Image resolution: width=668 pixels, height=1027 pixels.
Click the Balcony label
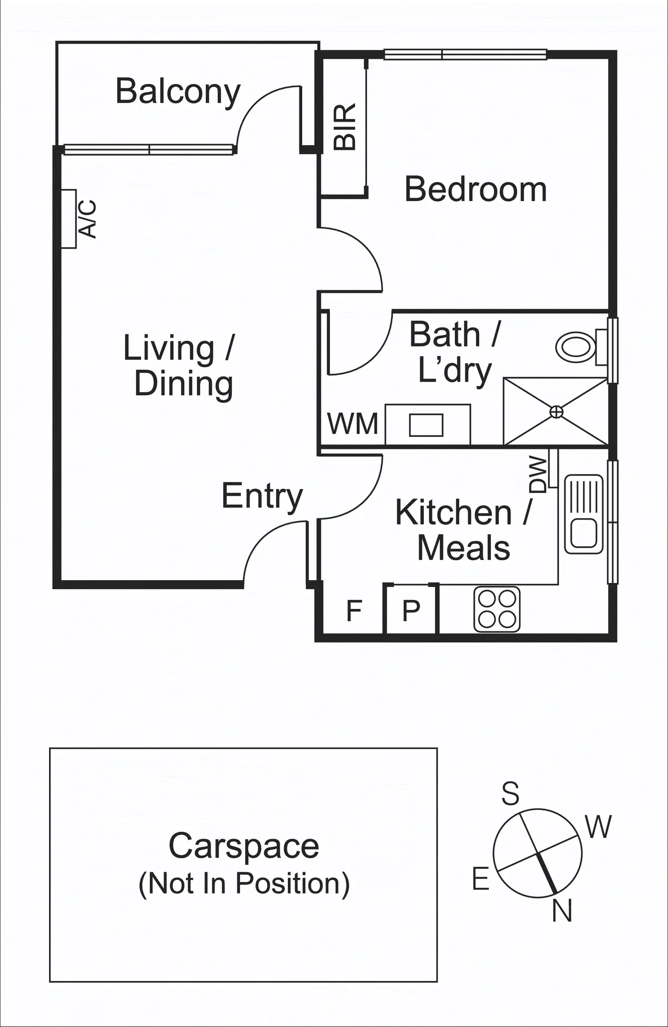point(178,92)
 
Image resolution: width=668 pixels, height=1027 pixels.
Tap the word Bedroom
point(475,189)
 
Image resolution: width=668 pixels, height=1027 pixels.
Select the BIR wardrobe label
point(344,127)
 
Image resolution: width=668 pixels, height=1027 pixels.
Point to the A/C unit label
point(88,219)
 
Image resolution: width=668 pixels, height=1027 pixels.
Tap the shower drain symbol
point(556,412)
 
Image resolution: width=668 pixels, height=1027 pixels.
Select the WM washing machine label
point(353,424)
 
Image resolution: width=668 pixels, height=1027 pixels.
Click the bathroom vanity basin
point(426,425)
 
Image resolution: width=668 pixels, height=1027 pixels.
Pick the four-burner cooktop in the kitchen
point(497,609)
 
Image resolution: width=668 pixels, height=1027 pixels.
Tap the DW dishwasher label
point(538,474)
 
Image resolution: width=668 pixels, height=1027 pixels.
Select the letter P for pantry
point(411,611)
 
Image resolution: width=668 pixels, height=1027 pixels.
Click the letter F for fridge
point(354,611)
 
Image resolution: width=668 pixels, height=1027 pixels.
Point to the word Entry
point(262,496)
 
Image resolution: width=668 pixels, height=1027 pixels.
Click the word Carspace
point(244,846)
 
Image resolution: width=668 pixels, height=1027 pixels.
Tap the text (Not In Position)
point(244,883)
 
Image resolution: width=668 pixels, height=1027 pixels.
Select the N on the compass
point(562,910)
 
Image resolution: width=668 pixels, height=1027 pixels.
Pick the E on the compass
point(481,879)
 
